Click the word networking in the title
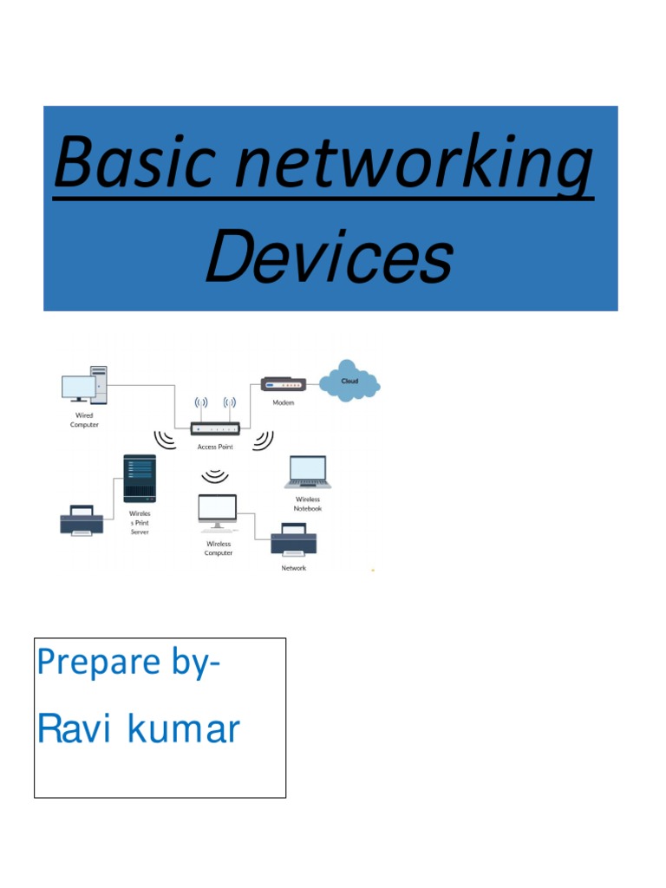tap(410, 165)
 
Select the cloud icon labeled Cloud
tap(349, 382)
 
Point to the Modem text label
tap(284, 403)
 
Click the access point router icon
tap(215, 428)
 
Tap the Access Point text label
tap(215, 447)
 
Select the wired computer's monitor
tap(78, 388)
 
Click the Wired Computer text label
tap(84, 420)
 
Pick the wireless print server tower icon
tap(140, 478)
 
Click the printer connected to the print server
tap(82, 520)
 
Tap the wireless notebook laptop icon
tap(307, 473)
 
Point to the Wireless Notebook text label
tap(308, 504)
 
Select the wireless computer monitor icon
tap(217, 511)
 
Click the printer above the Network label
tap(293, 541)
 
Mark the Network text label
tap(294, 568)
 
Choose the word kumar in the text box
tap(184, 729)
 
